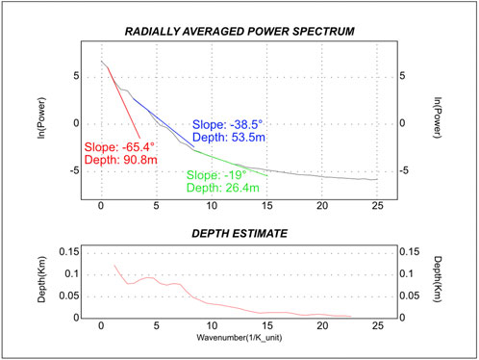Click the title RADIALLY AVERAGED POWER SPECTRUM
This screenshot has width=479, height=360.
(239, 33)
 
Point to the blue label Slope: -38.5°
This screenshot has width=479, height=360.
(230, 125)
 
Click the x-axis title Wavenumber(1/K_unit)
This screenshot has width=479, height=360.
(239, 338)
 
